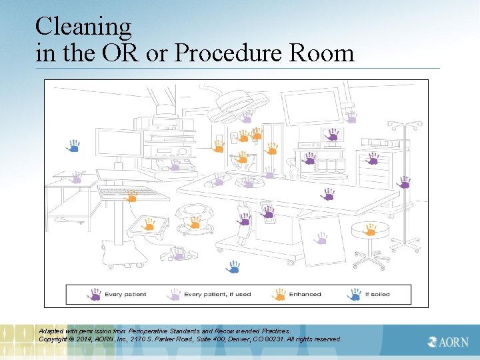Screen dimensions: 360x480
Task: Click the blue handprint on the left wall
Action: tap(74, 145)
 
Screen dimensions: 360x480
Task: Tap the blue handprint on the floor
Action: tap(233, 267)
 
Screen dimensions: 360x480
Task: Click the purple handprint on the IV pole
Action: tap(404, 182)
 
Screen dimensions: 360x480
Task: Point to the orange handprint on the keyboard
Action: tap(131, 195)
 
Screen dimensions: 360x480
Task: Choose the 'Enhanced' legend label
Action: tap(305, 294)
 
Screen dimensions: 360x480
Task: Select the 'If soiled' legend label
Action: tap(377, 294)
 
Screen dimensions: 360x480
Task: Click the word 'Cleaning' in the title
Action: tap(83, 27)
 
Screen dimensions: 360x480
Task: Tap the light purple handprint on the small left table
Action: tap(77, 178)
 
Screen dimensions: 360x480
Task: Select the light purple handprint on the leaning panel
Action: tap(321, 238)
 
